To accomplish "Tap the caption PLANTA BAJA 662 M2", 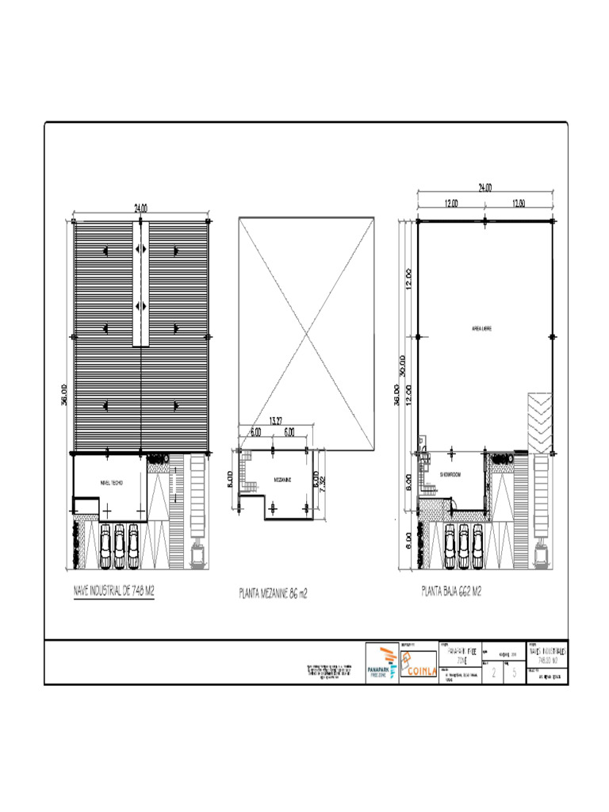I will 452,591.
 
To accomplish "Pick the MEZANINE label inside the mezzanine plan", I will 283,480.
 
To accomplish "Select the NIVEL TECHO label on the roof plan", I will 110,482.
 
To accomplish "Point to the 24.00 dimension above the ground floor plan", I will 485,188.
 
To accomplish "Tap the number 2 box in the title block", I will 495,673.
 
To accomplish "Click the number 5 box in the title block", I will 515,673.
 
